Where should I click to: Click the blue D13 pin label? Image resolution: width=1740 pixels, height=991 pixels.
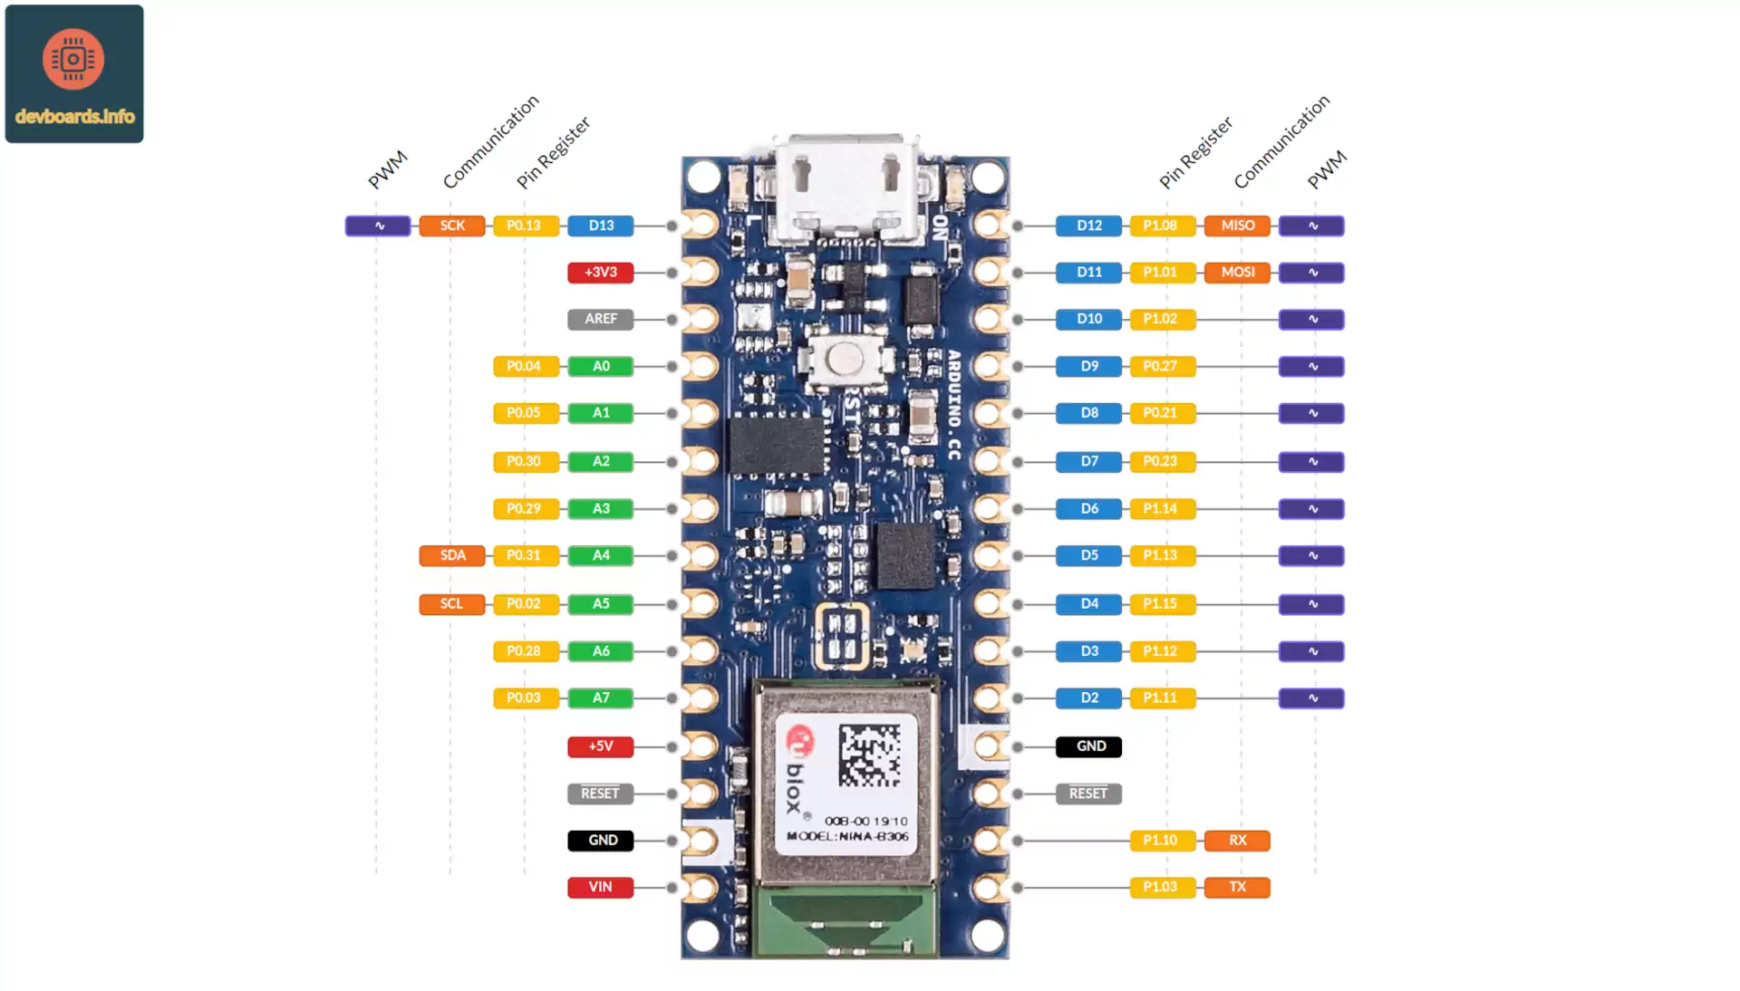coord(600,226)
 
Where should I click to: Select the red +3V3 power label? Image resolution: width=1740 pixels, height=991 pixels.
coord(600,272)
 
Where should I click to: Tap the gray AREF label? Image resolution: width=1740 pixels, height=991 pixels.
coord(600,319)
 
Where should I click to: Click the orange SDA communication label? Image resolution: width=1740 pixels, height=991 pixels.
coord(451,555)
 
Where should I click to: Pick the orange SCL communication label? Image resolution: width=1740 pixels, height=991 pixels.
coord(451,603)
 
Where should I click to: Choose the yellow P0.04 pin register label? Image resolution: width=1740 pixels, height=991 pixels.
coord(525,366)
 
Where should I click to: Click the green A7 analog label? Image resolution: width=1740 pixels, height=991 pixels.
coord(600,698)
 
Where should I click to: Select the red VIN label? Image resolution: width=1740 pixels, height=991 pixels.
coord(600,887)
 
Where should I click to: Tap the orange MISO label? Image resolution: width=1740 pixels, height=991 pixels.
coord(1237,226)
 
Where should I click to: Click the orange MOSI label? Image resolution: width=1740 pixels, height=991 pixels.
coord(1237,272)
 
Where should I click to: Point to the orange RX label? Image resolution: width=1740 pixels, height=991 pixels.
coord(1237,841)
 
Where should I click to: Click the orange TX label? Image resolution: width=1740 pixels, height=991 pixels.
coord(1237,887)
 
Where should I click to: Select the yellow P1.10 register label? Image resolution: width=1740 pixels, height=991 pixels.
coord(1162,841)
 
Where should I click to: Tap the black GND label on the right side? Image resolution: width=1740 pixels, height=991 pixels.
coord(1088,746)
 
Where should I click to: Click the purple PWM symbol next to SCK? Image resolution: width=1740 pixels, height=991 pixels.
coord(378,226)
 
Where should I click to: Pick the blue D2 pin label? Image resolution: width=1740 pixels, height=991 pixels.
coord(1088,698)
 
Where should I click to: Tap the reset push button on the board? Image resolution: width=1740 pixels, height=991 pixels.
coord(844,359)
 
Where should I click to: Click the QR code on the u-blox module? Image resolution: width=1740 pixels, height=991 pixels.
coord(869,755)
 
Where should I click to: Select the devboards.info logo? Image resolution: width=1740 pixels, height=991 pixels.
coord(74,73)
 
